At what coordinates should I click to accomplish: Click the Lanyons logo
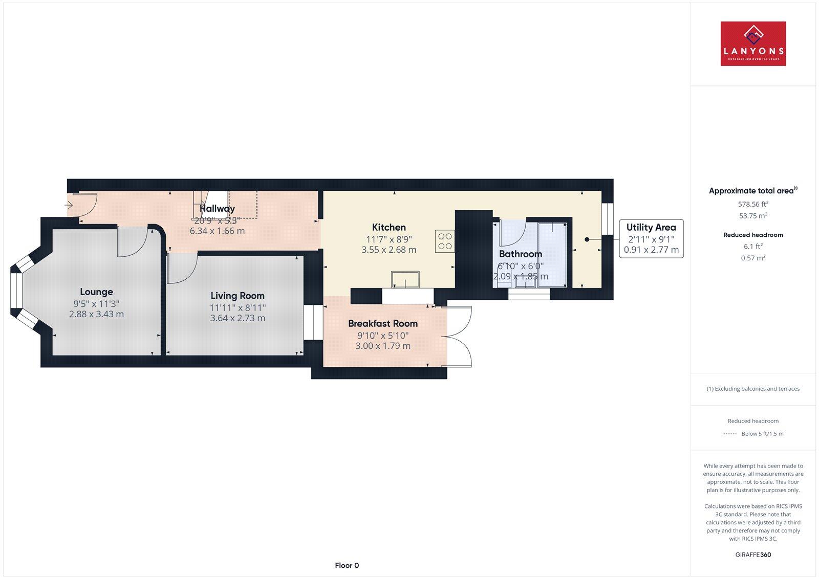click(x=753, y=43)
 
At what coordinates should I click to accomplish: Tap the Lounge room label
click(x=96, y=292)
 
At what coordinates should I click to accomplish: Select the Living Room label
click(x=238, y=296)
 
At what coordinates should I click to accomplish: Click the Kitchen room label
click(x=389, y=227)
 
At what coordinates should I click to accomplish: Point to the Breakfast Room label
click(x=383, y=323)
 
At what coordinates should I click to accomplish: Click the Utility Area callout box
click(x=651, y=238)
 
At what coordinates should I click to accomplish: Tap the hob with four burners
click(x=445, y=241)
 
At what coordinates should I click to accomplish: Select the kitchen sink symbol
click(x=405, y=280)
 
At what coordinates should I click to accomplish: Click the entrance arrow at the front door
click(x=69, y=205)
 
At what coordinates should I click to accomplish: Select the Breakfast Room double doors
click(x=459, y=336)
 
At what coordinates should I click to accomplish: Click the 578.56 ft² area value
click(x=753, y=204)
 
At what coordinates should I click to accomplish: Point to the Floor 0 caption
click(x=347, y=565)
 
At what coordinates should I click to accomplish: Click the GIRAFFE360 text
click(x=753, y=554)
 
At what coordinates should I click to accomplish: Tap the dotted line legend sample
click(x=729, y=434)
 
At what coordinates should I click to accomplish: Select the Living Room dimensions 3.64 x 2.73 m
click(x=238, y=318)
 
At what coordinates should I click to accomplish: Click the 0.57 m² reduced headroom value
click(x=753, y=258)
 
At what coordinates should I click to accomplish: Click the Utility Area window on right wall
click(x=608, y=219)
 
